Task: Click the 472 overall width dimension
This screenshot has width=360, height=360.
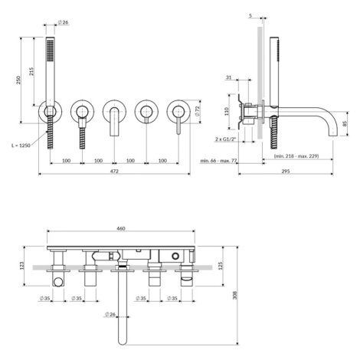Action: point(114,172)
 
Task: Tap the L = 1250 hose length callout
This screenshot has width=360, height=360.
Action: point(21,146)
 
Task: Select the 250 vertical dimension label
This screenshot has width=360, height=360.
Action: point(18,80)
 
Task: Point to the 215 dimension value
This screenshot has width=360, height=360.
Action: point(31,71)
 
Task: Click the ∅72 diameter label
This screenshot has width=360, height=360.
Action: point(197,112)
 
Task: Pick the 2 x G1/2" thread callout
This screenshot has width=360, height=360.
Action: point(225,139)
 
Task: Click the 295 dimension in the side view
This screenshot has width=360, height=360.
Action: point(286,172)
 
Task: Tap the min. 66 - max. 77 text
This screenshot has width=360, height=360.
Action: point(219,161)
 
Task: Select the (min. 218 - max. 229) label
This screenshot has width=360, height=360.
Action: point(296,155)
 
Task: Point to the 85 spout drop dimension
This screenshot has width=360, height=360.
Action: point(345,123)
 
